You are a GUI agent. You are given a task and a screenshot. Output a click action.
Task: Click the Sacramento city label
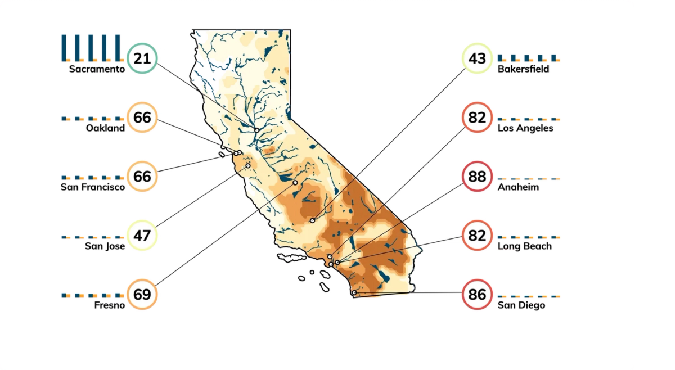click(x=96, y=69)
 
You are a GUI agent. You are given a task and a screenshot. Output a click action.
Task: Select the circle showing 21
click(x=142, y=58)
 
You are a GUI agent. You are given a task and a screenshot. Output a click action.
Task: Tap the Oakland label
click(x=105, y=128)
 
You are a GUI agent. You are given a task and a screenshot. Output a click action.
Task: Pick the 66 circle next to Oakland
click(x=142, y=118)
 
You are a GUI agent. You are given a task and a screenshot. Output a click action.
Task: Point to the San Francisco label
click(x=93, y=187)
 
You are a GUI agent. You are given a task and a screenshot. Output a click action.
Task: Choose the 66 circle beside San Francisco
click(x=142, y=177)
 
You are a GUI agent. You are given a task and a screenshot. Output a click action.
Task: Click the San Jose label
click(x=105, y=246)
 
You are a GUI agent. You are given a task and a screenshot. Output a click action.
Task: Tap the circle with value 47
click(x=142, y=235)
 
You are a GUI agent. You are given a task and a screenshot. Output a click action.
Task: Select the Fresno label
click(x=109, y=305)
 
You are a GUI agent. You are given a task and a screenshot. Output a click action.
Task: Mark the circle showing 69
click(x=142, y=294)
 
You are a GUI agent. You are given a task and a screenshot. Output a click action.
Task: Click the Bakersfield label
click(x=523, y=69)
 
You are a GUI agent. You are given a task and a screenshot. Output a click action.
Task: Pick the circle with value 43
click(x=477, y=58)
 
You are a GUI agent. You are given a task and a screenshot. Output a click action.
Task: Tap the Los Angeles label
click(x=525, y=128)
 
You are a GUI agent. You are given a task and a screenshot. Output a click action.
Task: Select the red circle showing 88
click(x=477, y=177)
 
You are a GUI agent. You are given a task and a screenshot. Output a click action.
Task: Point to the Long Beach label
click(x=525, y=246)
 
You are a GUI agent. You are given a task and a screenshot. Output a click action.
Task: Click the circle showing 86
click(x=477, y=294)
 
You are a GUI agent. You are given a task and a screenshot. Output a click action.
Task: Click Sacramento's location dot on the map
click(x=256, y=130)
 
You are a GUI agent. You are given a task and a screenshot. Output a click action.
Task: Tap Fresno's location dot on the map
click(x=295, y=183)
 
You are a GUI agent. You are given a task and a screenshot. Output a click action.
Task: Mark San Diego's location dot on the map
click(x=354, y=292)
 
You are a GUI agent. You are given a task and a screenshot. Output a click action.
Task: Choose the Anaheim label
click(x=518, y=187)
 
